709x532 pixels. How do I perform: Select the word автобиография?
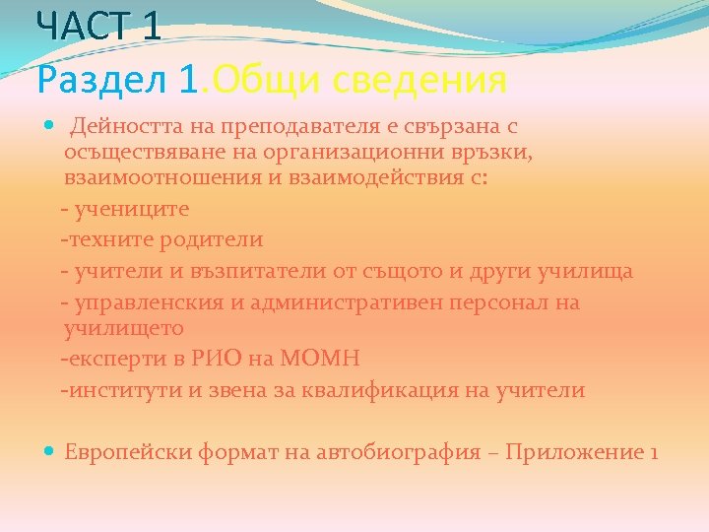[x=394, y=452]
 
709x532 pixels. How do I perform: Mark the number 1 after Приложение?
[x=653, y=452]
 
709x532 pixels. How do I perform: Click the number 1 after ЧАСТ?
[x=150, y=25]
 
